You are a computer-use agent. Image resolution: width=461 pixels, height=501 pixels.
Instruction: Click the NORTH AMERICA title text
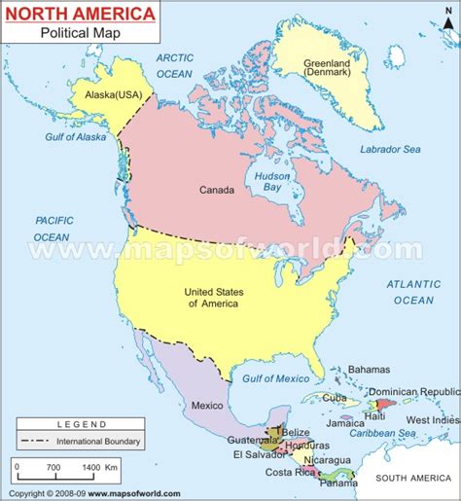tap(81, 15)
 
